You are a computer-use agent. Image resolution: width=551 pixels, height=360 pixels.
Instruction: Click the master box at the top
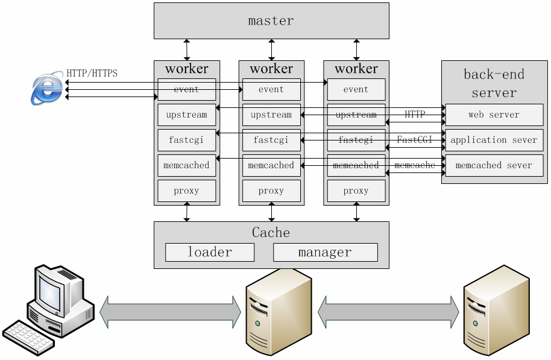(x=271, y=21)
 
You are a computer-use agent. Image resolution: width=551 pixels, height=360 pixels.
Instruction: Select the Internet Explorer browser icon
(x=47, y=89)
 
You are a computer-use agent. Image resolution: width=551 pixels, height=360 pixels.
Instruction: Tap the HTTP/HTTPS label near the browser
(x=92, y=74)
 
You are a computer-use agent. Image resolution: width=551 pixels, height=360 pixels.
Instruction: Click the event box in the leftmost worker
(x=187, y=89)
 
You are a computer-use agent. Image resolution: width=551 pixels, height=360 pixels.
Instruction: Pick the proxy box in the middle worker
(x=271, y=191)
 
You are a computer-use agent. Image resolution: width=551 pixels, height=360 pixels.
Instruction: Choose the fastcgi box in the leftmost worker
(x=187, y=140)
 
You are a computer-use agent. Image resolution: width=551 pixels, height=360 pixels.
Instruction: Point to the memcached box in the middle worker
(x=271, y=165)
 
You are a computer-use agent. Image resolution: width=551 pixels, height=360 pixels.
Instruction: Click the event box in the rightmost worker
(x=356, y=89)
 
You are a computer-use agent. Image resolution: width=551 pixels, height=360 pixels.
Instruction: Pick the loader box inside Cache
(x=210, y=252)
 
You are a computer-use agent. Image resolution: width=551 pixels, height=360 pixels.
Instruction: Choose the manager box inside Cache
(x=325, y=252)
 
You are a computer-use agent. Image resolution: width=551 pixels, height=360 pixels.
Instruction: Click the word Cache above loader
(x=271, y=233)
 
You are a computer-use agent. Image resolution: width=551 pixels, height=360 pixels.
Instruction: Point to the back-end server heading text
(x=494, y=83)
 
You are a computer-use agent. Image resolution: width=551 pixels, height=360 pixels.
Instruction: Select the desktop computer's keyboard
(x=29, y=337)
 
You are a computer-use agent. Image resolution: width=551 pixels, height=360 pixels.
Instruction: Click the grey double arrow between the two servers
(x=388, y=312)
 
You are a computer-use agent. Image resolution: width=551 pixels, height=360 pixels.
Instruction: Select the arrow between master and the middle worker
(x=271, y=49)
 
